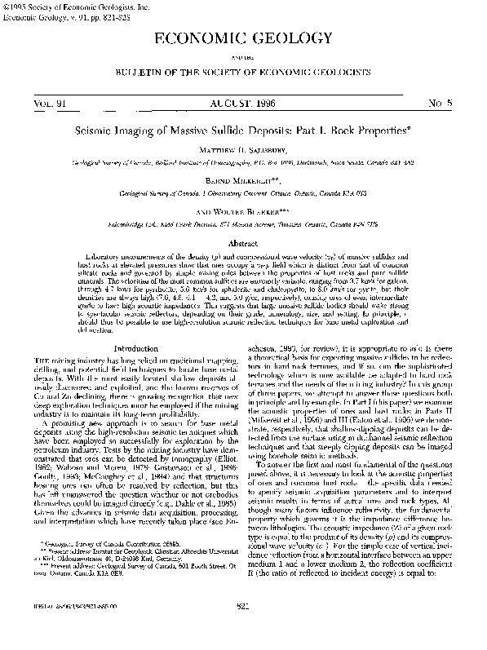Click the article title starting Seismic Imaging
[x=243, y=130]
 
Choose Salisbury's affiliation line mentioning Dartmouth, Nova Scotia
[x=243, y=162]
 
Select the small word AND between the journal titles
[x=243, y=59]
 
